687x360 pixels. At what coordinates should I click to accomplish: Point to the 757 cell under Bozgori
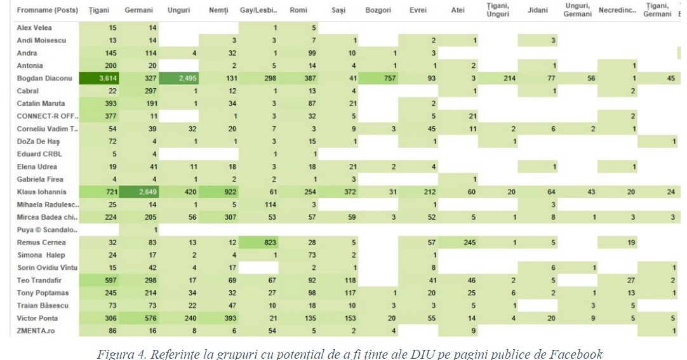coord(379,79)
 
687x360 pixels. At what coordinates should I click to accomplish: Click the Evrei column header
coord(418,11)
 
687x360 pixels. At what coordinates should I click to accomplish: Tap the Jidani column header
coord(538,11)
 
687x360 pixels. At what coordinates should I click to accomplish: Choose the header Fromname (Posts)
coord(48,11)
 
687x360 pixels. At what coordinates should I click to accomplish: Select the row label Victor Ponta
coord(37,318)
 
